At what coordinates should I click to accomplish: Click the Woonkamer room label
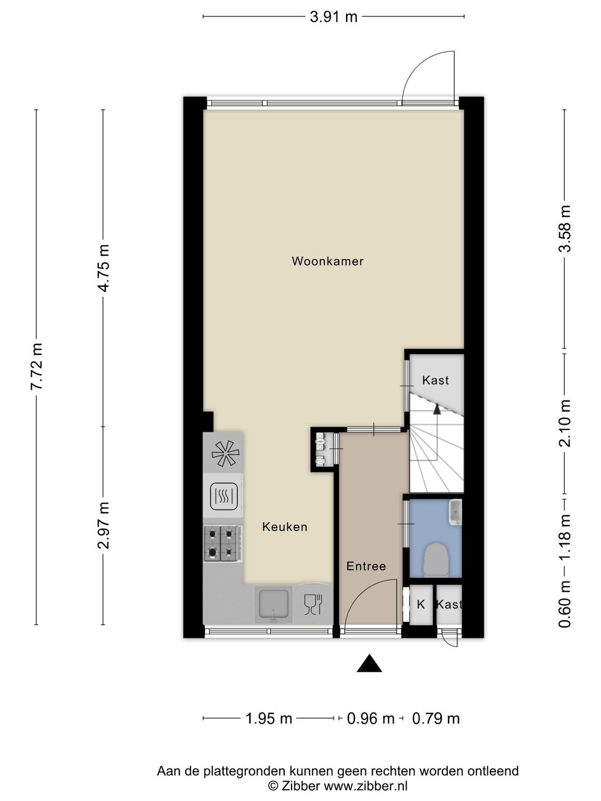(327, 261)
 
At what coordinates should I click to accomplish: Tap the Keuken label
(285, 527)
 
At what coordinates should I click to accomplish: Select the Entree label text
(366, 566)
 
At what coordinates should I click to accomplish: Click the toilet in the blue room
(435, 559)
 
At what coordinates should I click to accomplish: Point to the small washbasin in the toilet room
(455, 512)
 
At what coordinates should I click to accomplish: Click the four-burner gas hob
(222, 543)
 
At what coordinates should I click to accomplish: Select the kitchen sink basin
(273, 604)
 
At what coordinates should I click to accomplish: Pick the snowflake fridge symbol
(224, 453)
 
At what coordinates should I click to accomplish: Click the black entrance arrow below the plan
(369, 664)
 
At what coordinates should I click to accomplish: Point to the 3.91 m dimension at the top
(333, 17)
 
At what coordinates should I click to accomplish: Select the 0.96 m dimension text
(370, 719)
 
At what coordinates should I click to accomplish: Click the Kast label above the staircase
(435, 380)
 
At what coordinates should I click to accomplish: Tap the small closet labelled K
(421, 604)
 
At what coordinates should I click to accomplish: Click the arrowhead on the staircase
(437, 409)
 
